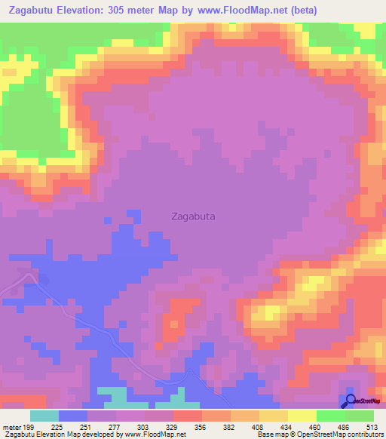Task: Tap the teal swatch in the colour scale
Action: tap(44, 416)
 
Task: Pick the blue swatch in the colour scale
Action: tap(73, 416)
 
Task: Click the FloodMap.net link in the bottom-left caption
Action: tap(155, 434)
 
